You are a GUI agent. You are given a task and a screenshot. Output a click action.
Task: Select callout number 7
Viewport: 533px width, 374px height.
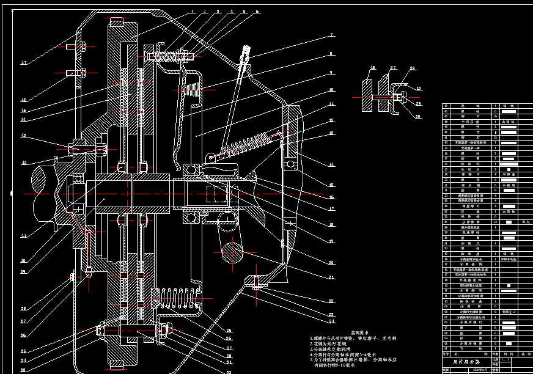point(331,35)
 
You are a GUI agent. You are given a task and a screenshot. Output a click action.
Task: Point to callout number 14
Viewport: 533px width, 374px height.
point(331,165)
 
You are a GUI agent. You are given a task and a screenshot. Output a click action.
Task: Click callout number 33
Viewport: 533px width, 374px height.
point(24,370)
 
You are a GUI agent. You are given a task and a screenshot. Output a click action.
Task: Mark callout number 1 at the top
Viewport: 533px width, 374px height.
point(191,12)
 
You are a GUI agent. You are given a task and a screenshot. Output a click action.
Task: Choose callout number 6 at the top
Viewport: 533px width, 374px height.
point(257,12)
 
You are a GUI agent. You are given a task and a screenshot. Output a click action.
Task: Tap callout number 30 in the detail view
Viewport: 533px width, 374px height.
point(418,116)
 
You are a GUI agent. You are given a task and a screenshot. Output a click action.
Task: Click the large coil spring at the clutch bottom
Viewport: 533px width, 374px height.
point(181,300)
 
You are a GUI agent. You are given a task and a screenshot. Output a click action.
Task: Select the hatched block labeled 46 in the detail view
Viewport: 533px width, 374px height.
point(366,95)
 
